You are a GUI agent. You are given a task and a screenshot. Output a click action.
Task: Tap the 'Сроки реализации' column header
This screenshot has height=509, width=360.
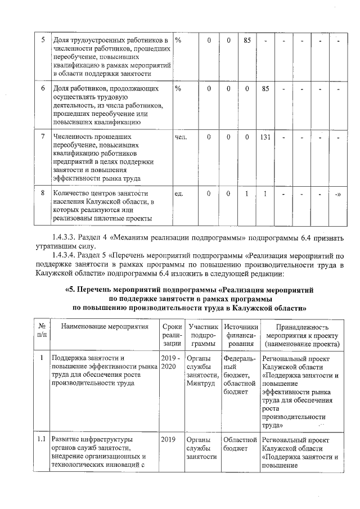pyautogui.click(x=170, y=335)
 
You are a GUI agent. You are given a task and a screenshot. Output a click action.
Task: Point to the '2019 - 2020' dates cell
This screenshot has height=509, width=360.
pyautogui.click(x=170, y=362)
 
